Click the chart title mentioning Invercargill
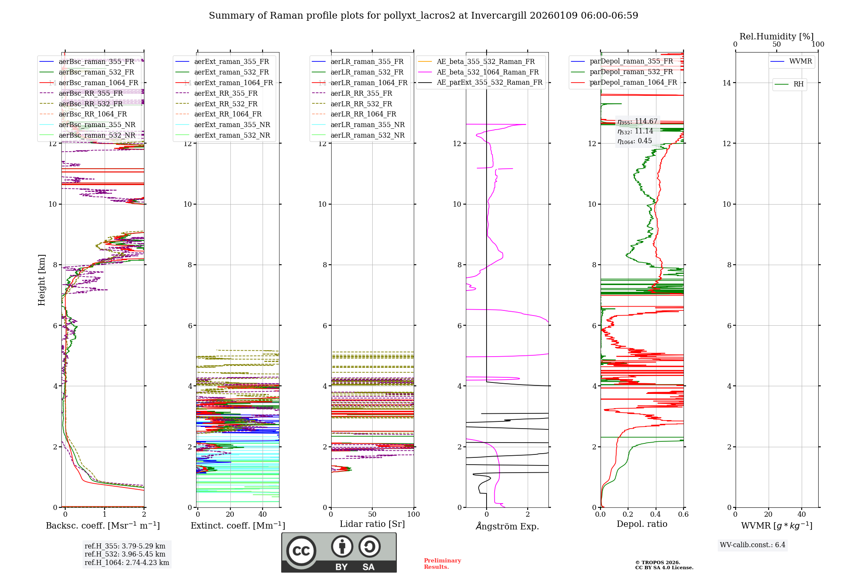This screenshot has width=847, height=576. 423,16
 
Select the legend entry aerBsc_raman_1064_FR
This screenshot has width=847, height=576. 98,83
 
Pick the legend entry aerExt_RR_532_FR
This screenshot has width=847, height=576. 226,104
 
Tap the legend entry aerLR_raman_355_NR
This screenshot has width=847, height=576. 368,125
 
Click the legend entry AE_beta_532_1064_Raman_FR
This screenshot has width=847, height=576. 487,72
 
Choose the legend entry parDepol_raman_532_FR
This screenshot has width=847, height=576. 631,72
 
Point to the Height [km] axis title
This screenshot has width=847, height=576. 42,280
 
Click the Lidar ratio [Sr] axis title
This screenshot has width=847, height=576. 372,524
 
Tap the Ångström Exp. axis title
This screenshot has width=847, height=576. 507,526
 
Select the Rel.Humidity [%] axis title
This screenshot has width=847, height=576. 776,36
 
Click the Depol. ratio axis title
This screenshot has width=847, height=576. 642,524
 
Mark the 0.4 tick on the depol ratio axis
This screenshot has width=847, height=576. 656,514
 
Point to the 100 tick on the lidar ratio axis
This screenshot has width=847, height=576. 413,514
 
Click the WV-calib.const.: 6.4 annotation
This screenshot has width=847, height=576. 753,545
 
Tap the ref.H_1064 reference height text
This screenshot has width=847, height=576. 127,562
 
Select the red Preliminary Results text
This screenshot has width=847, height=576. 442,564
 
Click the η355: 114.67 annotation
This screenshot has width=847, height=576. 637,122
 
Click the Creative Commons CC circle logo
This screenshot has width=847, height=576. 301,551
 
